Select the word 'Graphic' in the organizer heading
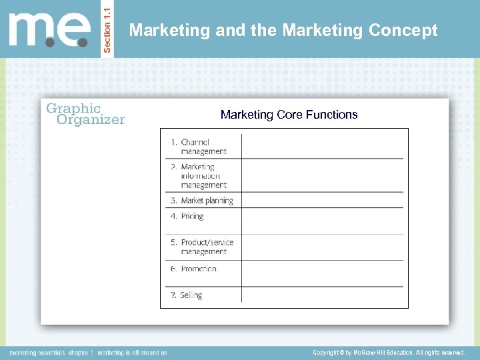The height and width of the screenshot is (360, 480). click(73, 108)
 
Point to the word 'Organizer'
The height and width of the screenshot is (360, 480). click(91, 120)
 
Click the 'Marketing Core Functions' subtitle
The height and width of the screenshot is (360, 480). click(289, 115)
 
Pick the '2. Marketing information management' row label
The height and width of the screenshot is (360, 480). click(203, 176)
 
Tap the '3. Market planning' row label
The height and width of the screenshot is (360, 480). click(203, 201)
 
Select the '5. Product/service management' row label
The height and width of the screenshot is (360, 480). click(203, 247)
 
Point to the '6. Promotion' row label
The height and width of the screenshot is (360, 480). click(194, 269)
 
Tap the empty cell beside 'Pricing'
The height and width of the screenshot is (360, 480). click(322, 221)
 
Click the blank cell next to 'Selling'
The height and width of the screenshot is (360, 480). click(322, 295)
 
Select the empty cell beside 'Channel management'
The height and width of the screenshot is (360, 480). click(322, 146)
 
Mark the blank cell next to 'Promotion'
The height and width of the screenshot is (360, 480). click(322, 273)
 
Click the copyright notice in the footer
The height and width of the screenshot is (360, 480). click(389, 352)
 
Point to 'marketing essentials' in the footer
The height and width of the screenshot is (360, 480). click(37, 352)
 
